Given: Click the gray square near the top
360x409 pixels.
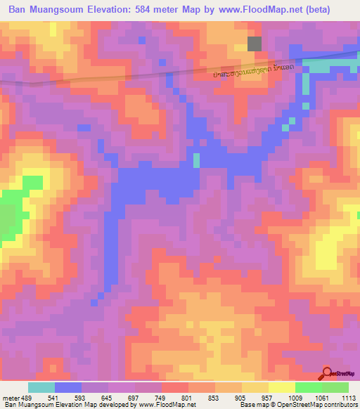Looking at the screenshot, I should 255,44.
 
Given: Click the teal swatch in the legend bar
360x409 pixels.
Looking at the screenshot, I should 41,387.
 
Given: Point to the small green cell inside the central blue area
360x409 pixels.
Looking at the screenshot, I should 196,160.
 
